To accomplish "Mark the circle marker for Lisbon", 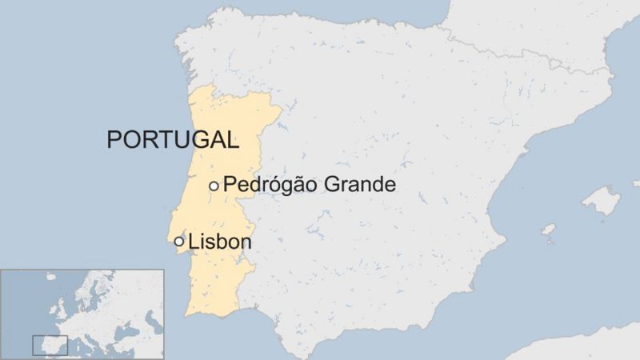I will click(x=179, y=241).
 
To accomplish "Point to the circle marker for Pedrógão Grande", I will click(x=214, y=186).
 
